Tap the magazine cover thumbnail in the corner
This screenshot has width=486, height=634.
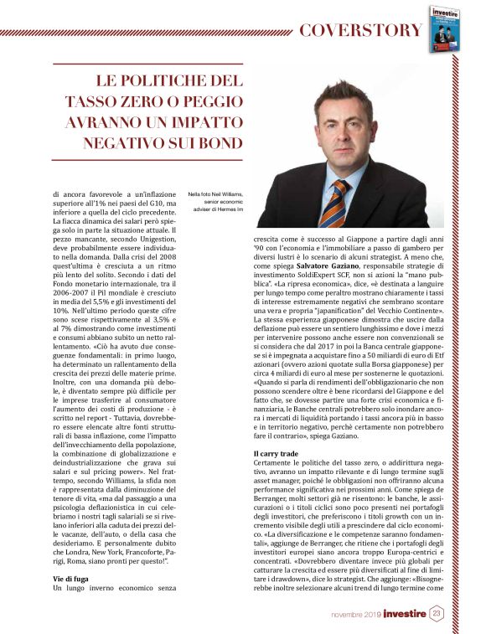(x=447, y=29)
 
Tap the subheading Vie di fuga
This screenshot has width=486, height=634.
(x=72, y=580)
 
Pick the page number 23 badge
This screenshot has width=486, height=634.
(x=437, y=614)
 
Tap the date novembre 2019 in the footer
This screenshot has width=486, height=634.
(x=355, y=615)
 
